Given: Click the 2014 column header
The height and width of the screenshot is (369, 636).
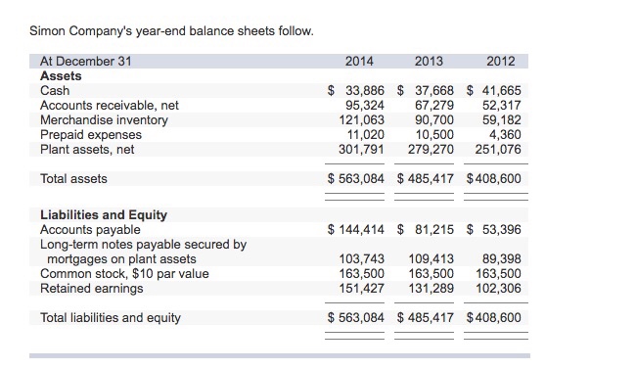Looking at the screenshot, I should click(x=359, y=61).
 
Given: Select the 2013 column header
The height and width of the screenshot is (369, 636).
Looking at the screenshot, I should click(x=429, y=61).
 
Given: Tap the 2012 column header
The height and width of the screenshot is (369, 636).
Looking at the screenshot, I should click(x=500, y=61).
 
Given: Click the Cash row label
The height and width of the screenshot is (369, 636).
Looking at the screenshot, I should click(x=55, y=90).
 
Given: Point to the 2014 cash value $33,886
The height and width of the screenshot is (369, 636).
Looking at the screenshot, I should click(x=358, y=90).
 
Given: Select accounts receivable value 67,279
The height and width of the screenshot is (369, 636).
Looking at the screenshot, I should click(x=434, y=105).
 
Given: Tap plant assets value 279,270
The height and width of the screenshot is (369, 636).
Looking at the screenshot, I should click(x=431, y=150).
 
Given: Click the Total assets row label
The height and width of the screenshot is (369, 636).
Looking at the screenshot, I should click(x=73, y=179).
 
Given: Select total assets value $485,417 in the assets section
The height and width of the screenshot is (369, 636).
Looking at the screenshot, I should click(x=427, y=179).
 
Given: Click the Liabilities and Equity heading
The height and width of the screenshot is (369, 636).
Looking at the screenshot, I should click(x=103, y=214).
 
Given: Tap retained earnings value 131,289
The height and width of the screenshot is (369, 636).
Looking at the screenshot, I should click(x=431, y=288).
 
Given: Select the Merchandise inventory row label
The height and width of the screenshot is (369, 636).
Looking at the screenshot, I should click(x=104, y=119).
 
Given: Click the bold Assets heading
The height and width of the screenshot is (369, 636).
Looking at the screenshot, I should click(x=61, y=75).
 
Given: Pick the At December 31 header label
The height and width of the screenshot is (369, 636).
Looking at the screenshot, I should click(x=85, y=61).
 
